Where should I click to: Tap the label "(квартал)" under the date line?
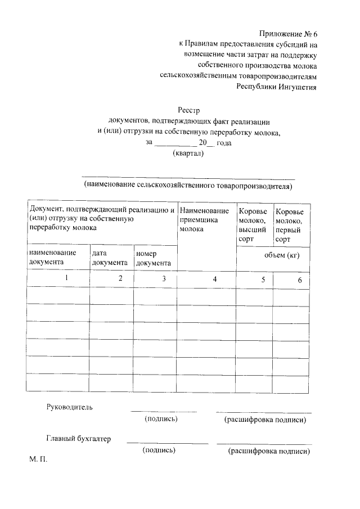tap(188, 154)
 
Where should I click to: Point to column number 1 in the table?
tap(66, 278)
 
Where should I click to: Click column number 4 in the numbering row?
tap(214, 280)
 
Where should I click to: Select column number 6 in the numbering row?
tap(300, 280)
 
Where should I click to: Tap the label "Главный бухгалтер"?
tap(79, 439)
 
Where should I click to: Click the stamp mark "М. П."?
tap(39, 459)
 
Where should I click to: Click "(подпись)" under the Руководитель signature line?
tap(161, 419)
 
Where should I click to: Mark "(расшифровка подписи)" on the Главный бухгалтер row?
tap(269, 451)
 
